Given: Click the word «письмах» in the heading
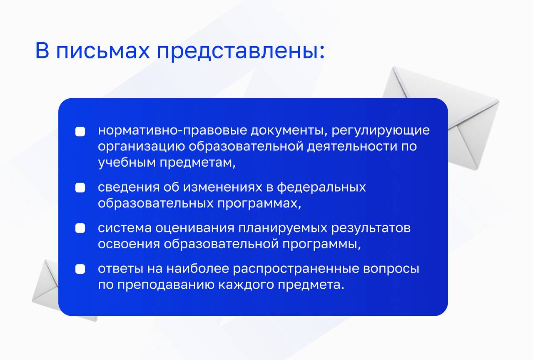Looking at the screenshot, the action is click(x=103, y=50).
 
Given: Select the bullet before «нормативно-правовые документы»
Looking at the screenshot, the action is click(x=80, y=131).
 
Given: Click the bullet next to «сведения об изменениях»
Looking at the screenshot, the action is click(x=80, y=187).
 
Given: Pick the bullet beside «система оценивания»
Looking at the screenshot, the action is click(x=80, y=228).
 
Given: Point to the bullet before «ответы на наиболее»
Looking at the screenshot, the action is click(x=80, y=269).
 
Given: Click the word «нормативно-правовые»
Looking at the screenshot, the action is click(x=172, y=131).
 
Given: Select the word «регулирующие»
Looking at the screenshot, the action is click(x=381, y=131).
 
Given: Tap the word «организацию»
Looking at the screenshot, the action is click(x=141, y=147).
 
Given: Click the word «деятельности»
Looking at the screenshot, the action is click(x=352, y=146).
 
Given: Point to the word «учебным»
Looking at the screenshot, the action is click(x=127, y=163).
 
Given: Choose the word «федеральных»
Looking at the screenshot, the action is click(x=321, y=187).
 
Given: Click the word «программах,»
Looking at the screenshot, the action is click(x=259, y=204).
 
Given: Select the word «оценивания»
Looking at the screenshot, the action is click(x=195, y=228).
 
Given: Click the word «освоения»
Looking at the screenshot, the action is click(x=129, y=244).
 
